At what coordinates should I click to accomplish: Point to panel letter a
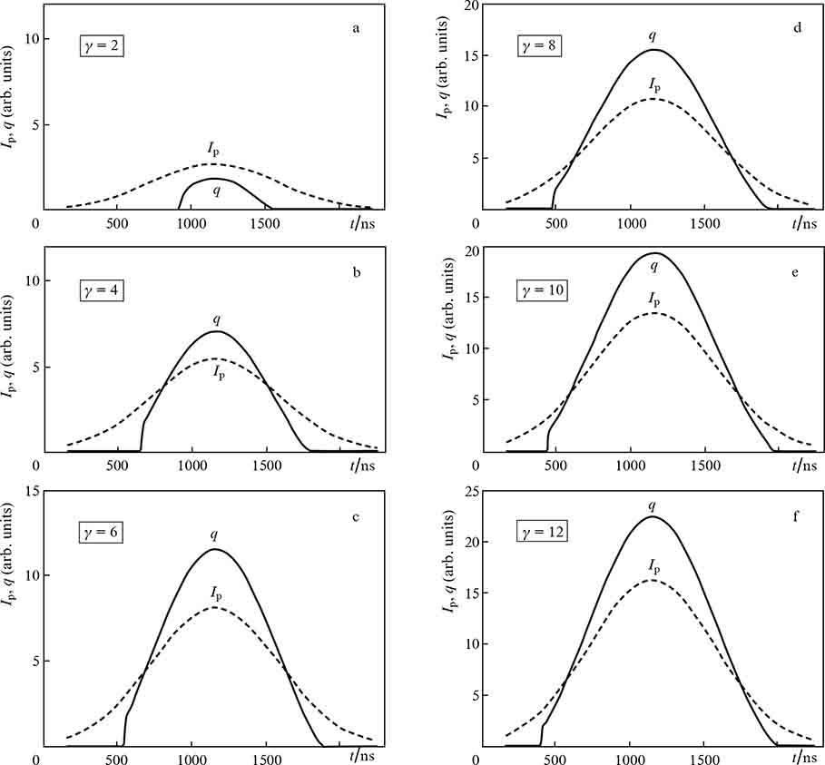(357, 28)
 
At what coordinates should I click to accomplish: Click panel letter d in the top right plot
(796, 28)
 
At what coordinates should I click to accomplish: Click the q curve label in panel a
(217, 191)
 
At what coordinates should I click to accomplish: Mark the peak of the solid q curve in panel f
(652, 516)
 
